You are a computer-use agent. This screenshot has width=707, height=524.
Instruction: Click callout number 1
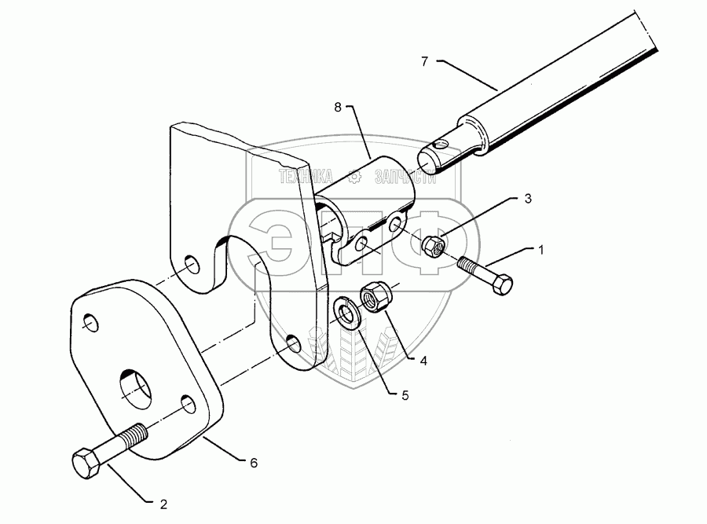(x=540, y=249)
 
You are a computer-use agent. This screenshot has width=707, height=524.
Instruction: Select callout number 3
(x=527, y=200)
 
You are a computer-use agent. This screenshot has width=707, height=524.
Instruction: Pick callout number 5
(x=405, y=396)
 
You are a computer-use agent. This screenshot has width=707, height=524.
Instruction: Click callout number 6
(x=254, y=464)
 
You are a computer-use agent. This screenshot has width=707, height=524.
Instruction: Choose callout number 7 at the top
(x=424, y=60)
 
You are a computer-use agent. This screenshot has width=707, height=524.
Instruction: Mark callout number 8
(x=338, y=108)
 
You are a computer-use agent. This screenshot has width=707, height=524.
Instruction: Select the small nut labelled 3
(x=433, y=246)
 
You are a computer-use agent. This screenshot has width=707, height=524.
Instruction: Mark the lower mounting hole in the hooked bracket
(x=293, y=343)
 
